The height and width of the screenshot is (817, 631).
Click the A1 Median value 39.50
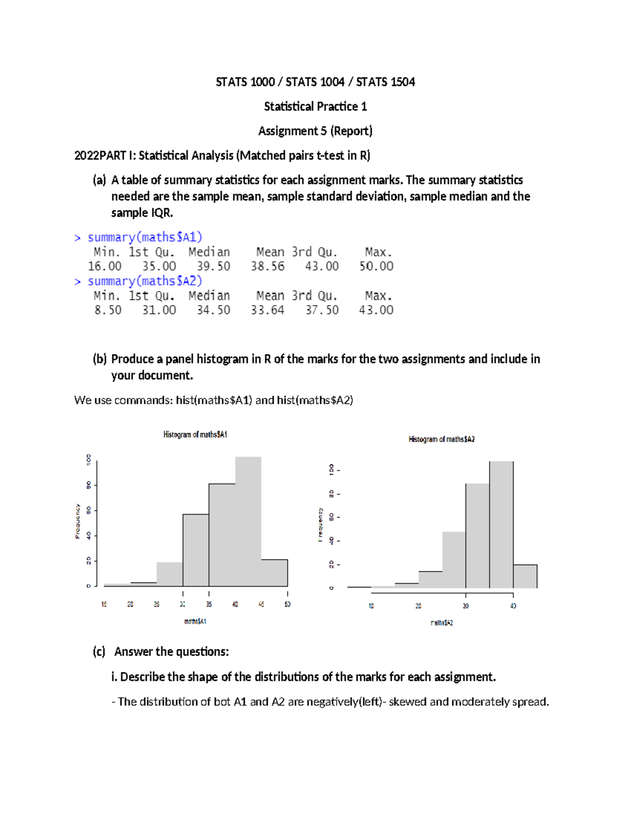click(x=213, y=266)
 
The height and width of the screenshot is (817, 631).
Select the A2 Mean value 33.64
click(x=267, y=310)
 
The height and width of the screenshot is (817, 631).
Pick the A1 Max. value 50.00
click(x=376, y=266)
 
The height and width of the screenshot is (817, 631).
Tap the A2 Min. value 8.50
click(x=108, y=310)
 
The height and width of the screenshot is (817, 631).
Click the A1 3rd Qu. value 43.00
click(x=322, y=266)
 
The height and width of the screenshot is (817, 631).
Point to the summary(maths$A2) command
click(x=145, y=281)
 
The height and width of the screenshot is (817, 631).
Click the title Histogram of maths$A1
click(x=195, y=435)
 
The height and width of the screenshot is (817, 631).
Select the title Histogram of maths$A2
click(x=442, y=439)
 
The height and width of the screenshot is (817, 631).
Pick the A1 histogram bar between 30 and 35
click(x=196, y=550)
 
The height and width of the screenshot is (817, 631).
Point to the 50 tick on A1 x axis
click(x=288, y=604)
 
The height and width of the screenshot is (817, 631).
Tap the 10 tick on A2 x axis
click(x=371, y=606)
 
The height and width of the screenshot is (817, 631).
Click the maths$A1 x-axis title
click(x=195, y=621)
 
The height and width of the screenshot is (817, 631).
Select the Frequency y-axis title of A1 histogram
click(x=78, y=521)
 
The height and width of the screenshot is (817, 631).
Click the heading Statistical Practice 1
click(x=315, y=106)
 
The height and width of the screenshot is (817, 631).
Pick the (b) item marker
click(x=99, y=359)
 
